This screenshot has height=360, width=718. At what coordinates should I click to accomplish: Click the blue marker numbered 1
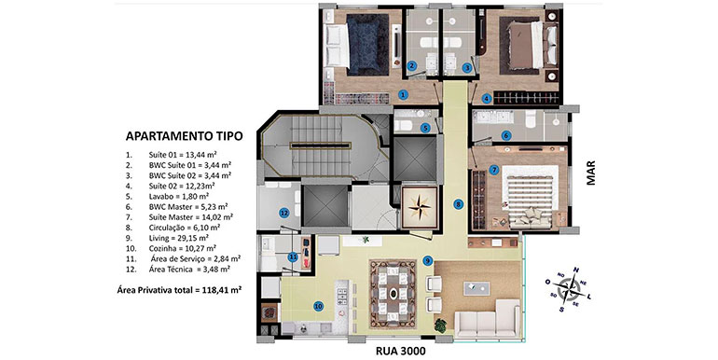tap(403, 95)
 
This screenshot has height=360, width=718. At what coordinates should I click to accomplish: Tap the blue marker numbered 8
tap(458, 205)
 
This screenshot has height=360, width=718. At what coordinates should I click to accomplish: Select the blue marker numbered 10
tap(318, 307)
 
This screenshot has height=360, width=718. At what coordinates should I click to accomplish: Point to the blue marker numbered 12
tap(283, 213)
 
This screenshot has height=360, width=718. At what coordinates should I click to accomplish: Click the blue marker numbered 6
tap(506, 135)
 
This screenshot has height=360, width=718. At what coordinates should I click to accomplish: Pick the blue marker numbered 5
tap(426, 129)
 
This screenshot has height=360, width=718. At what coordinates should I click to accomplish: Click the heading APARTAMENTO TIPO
tap(184, 136)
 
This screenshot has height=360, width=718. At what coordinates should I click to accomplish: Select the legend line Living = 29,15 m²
tap(179, 238)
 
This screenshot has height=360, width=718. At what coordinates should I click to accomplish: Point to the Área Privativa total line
tap(179, 289)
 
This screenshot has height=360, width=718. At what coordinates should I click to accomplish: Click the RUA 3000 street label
tap(401, 352)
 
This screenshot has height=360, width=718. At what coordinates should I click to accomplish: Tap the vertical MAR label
tap(591, 173)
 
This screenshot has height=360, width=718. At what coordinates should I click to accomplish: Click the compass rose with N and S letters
tap(568, 289)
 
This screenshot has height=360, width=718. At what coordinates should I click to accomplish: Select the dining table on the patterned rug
tap(394, 293)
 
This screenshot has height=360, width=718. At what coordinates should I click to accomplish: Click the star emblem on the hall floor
tap(420, 208)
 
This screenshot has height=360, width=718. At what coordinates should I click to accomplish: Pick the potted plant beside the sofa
tap(440, 325)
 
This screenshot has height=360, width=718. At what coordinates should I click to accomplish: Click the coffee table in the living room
tap(476, 288)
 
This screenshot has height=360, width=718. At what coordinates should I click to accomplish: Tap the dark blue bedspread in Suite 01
tap(366, 45)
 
